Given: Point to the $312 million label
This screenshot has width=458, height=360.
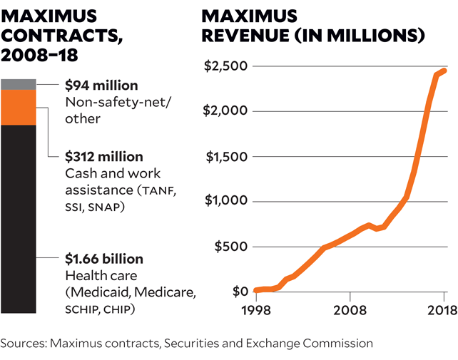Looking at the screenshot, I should (104, 156).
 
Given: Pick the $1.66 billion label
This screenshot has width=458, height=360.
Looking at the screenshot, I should (104, 259).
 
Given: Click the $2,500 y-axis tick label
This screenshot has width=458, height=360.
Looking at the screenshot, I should (225, 66).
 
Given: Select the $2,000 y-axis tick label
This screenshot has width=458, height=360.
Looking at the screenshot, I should (225, 111).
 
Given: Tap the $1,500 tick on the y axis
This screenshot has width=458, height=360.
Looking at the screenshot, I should (225, 157).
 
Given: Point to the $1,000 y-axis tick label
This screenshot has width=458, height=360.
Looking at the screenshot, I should (225, 202).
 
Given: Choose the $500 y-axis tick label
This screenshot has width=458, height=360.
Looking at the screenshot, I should (230, 247).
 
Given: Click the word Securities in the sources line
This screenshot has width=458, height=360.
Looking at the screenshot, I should (192, 343).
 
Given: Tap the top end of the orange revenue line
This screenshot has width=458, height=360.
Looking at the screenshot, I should (444, 70).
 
